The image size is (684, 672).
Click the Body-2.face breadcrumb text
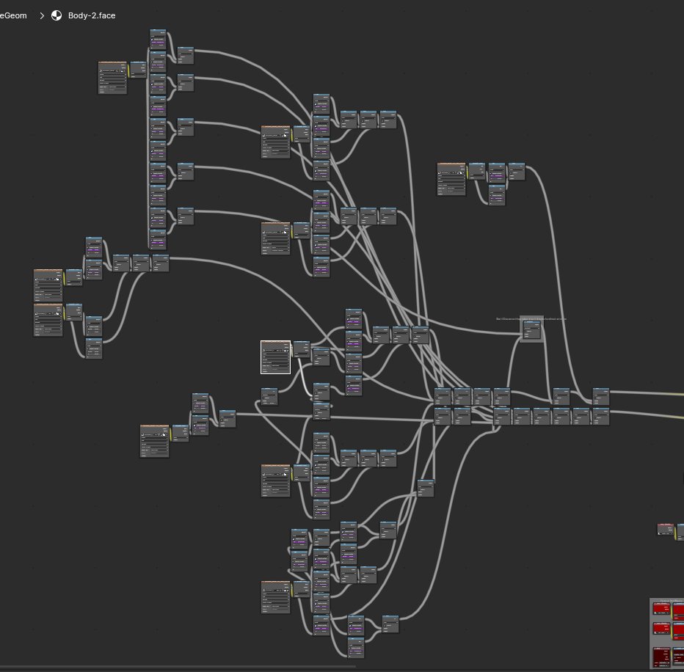click(92, 15)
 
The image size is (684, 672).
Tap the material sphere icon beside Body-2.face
click(57, 15)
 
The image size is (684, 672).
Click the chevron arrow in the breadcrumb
click(42, 15)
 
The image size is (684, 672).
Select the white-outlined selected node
click(276, 357)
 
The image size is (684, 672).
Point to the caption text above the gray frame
click(531, 319)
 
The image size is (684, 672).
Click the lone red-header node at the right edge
click(665, 529)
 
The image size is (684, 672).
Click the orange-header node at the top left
click(113, 78)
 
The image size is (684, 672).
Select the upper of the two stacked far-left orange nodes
click(48, 285)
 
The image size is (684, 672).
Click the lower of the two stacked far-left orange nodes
click(48, 320)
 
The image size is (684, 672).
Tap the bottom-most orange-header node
click(276, 596)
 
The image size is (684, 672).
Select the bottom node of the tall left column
click(158, 240)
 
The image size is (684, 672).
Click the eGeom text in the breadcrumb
click(13, 15)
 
